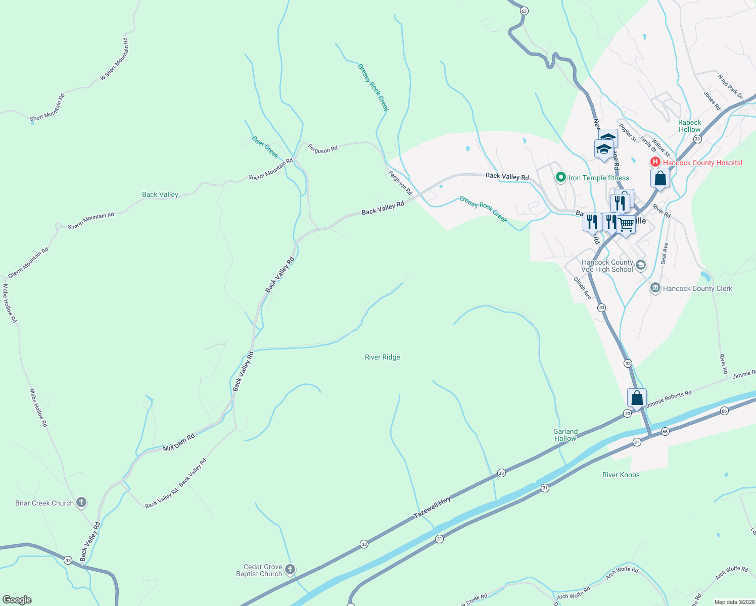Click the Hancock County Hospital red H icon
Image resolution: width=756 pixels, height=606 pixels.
coord(655,162)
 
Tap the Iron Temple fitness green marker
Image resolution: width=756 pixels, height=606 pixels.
coord(560,177)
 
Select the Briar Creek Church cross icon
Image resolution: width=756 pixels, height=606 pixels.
coord(81,502)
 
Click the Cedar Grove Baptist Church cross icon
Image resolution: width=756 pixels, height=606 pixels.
coord(290,570)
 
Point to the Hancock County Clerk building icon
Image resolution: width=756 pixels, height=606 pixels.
coord(655,288)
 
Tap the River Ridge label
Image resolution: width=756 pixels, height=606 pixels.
coord(382,357)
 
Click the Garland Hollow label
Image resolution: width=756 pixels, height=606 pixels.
coord(565,435)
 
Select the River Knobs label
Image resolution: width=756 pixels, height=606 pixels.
coord(621,475)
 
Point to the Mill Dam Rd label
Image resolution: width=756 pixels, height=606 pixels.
coord(178,443)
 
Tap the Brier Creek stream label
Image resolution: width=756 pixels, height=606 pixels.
coord(265,146)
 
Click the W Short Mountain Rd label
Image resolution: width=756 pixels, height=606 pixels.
coord(115,59)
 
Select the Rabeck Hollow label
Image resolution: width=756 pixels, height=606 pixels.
coord(689,126)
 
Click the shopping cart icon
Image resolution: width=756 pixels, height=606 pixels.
coord(627,224)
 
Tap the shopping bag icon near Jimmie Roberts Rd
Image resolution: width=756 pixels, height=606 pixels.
coord(637,398)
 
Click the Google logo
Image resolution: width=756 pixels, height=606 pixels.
coord(17,600)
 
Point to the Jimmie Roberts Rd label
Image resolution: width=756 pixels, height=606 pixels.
coord(669,398)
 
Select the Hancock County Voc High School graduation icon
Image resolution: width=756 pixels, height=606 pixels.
coord(641,265)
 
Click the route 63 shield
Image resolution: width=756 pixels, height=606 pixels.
coord(524,11)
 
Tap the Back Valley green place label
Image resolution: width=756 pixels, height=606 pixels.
coord(160,194)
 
